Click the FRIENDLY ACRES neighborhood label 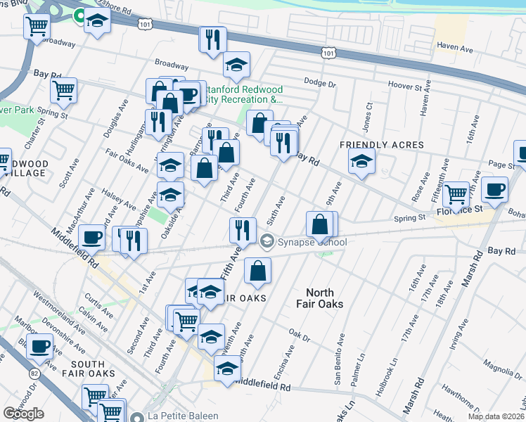pos(382,145)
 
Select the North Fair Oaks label pos(325,298)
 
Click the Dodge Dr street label pos(321,83)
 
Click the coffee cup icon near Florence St pos(496,189)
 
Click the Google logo pos(23,414)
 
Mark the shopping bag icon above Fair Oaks pos(258,270)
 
